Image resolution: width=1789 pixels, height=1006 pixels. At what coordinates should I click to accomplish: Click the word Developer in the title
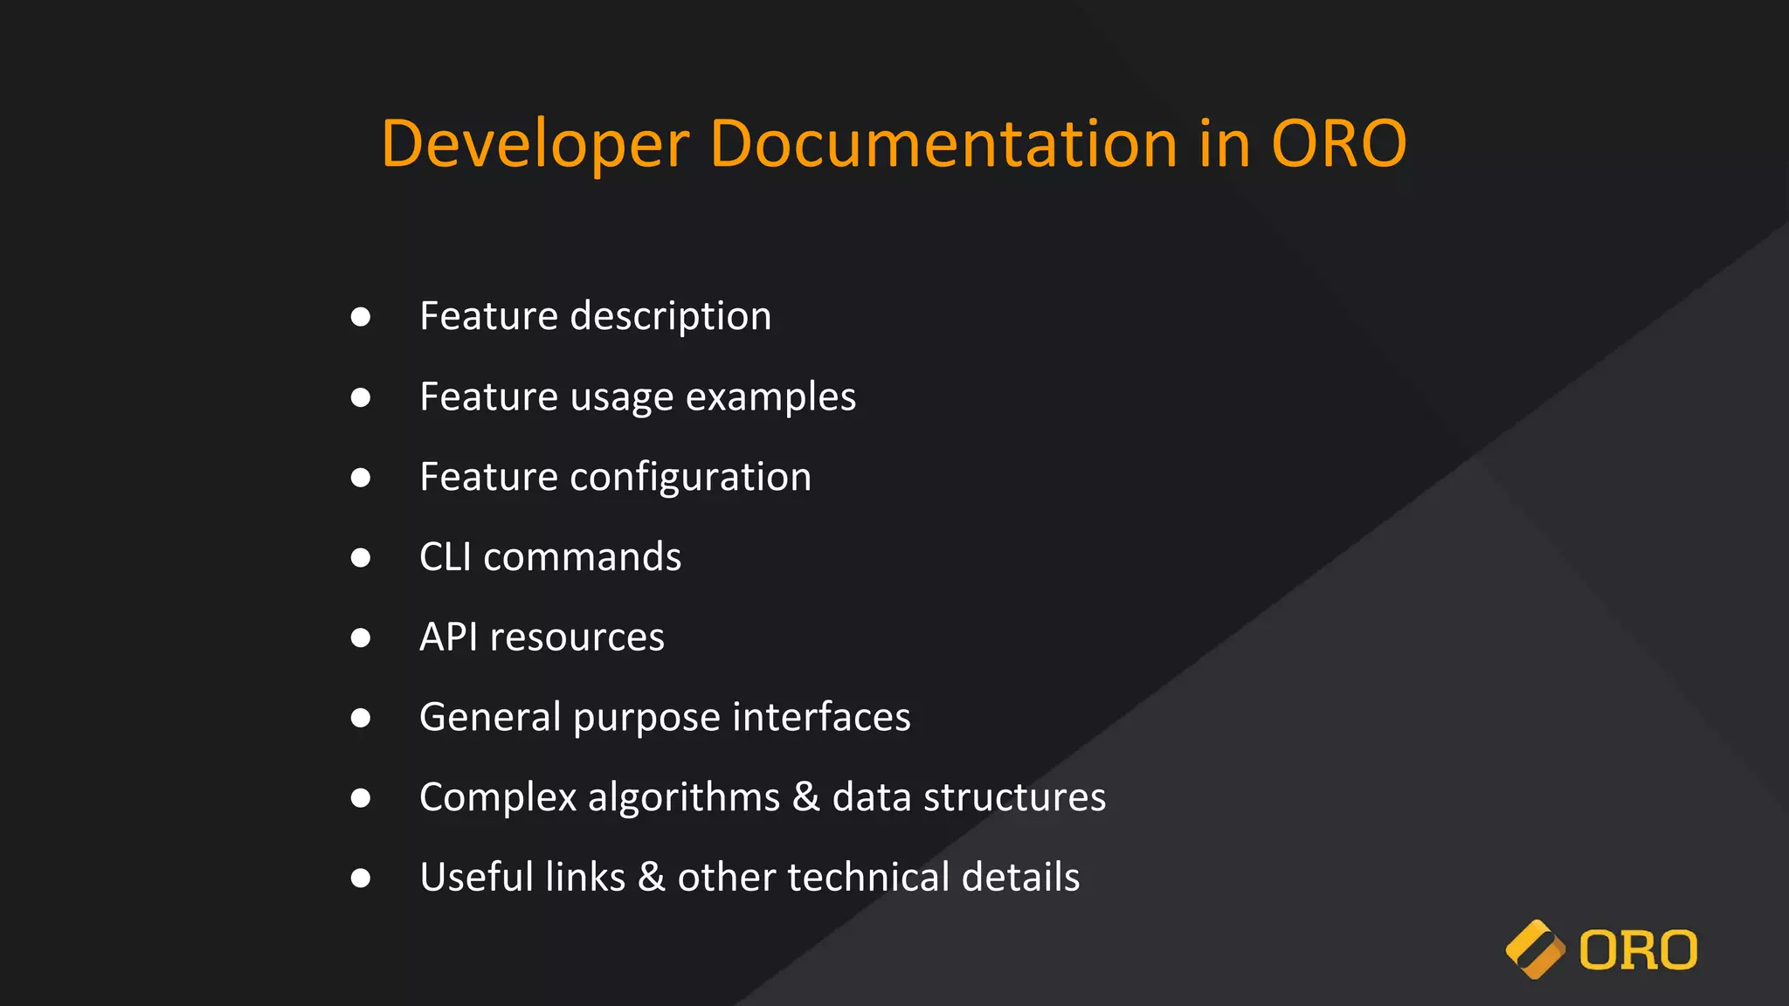[x=535, y=144]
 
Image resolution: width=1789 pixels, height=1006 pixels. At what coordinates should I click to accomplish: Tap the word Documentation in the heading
[x=943, y=144]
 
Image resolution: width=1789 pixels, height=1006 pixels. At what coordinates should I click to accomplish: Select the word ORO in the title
[x=1338, y=144]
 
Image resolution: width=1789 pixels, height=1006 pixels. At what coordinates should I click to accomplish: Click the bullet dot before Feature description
[x=360, y=317]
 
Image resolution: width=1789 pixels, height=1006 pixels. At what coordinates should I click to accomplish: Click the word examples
[x=770, y=397]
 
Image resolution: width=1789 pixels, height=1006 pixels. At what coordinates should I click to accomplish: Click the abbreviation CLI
[x=445, y=557]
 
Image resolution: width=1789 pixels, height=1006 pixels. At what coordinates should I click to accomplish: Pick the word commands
[x=582, y=557]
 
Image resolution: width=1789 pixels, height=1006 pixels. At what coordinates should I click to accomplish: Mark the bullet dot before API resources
[x=360, y=638]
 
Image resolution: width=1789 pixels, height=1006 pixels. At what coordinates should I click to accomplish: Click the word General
[x=490, y=718]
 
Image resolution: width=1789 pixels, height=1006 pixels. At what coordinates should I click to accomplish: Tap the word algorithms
[x=683, y=798]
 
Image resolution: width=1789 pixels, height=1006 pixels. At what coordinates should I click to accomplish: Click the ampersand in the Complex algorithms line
[x=805, y=798]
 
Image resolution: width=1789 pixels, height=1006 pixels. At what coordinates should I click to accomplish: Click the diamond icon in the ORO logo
[x=1535, y=950]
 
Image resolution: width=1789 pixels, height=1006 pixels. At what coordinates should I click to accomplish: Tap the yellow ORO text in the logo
[x=1638, y=950]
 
